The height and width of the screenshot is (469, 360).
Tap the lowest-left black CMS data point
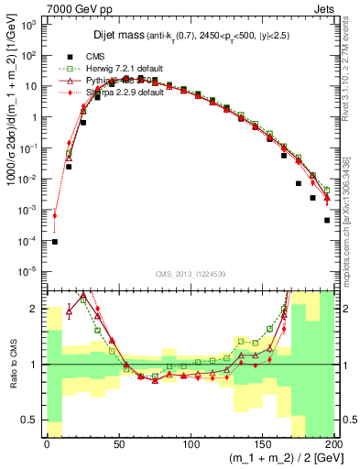pyautogui.click(x=54, y=242)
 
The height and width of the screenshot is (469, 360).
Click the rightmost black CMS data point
pyautogui.click(x=327, y=220)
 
